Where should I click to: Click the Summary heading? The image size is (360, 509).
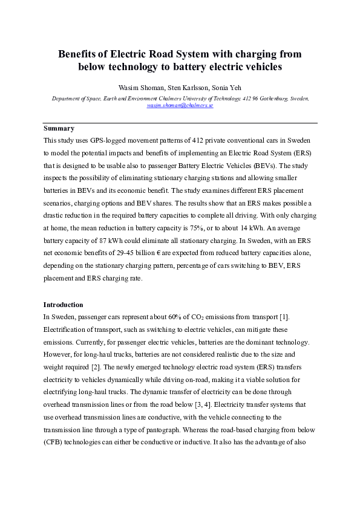click(59, 128)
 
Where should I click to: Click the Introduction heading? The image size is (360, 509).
click(64, 304)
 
